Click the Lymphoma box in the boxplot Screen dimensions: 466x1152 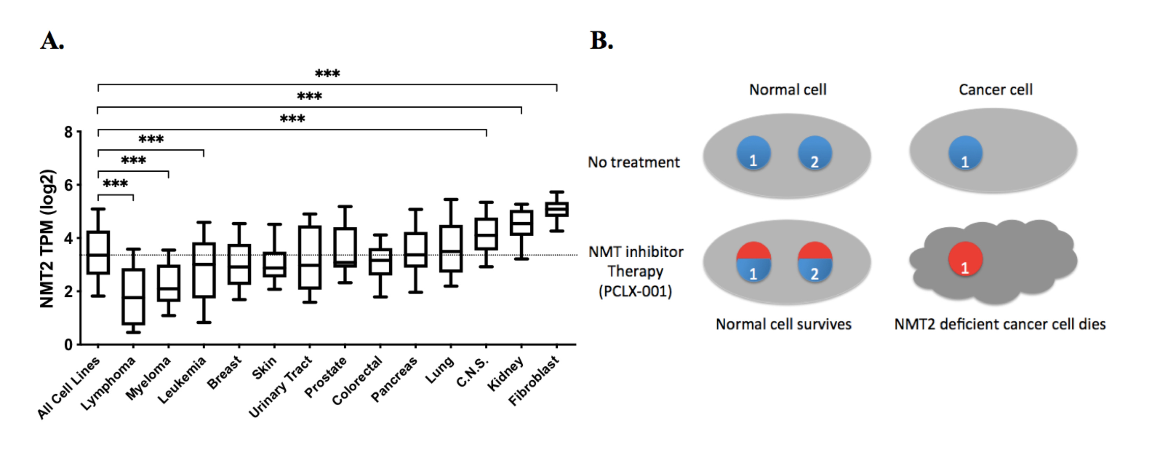(133, 296)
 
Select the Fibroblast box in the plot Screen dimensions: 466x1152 (557, 209)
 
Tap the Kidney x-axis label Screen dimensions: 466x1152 (506, 374)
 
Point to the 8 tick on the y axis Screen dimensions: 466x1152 (68, 132)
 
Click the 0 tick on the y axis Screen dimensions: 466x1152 (68, 345)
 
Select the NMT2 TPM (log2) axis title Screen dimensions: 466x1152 (46, 239)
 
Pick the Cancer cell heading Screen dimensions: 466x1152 (996, 89)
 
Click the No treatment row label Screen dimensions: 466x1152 (634, 162)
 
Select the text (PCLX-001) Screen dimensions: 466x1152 (635, 292)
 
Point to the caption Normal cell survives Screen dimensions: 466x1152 (784, 324)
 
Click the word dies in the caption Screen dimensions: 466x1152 (1092, 324)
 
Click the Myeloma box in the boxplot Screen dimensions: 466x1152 (169, 283)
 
